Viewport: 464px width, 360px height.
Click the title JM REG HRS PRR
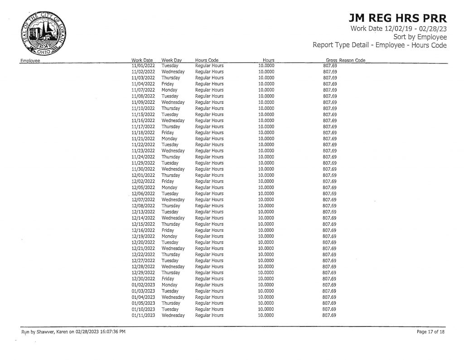[x=398, y=19]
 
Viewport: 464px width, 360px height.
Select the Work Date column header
[x=142, y=60]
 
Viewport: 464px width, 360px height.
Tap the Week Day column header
[x=171, y=60]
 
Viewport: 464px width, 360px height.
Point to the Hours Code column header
[x=207, y=60]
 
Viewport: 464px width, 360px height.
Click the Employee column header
[x=29, y=60]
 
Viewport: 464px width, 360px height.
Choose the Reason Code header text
[x=354, y=60]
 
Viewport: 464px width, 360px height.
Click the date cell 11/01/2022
[x=143, y=66]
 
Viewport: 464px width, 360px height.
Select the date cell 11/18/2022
[x=143, y=132]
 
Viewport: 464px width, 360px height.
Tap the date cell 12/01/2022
[x=143, y=175]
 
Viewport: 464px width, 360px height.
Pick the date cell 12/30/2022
[x=143, y=279]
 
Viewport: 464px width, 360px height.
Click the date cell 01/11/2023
[x=143, y=315]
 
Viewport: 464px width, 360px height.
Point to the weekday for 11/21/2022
[x=169, y=139]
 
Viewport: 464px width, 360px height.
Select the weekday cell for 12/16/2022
[x=168, y=230]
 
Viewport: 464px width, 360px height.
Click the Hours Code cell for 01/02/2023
[x=209, y=285]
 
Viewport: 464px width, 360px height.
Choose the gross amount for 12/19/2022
[x=329, y=236]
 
